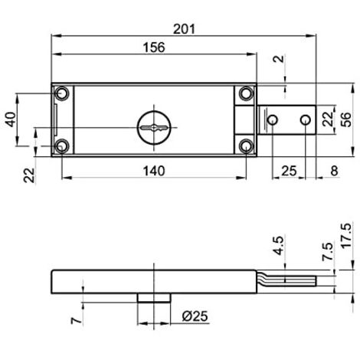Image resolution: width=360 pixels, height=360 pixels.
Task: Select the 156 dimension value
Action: point(154,47)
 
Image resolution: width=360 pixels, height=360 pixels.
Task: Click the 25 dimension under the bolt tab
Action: point(290,170)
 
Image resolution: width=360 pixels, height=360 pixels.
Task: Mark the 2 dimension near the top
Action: point(277,57)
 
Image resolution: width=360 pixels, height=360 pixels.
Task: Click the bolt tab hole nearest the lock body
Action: point(272,119)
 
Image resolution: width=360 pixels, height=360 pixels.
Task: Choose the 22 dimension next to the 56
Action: point(327,119)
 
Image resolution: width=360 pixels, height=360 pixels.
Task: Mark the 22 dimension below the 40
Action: point(29,175)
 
